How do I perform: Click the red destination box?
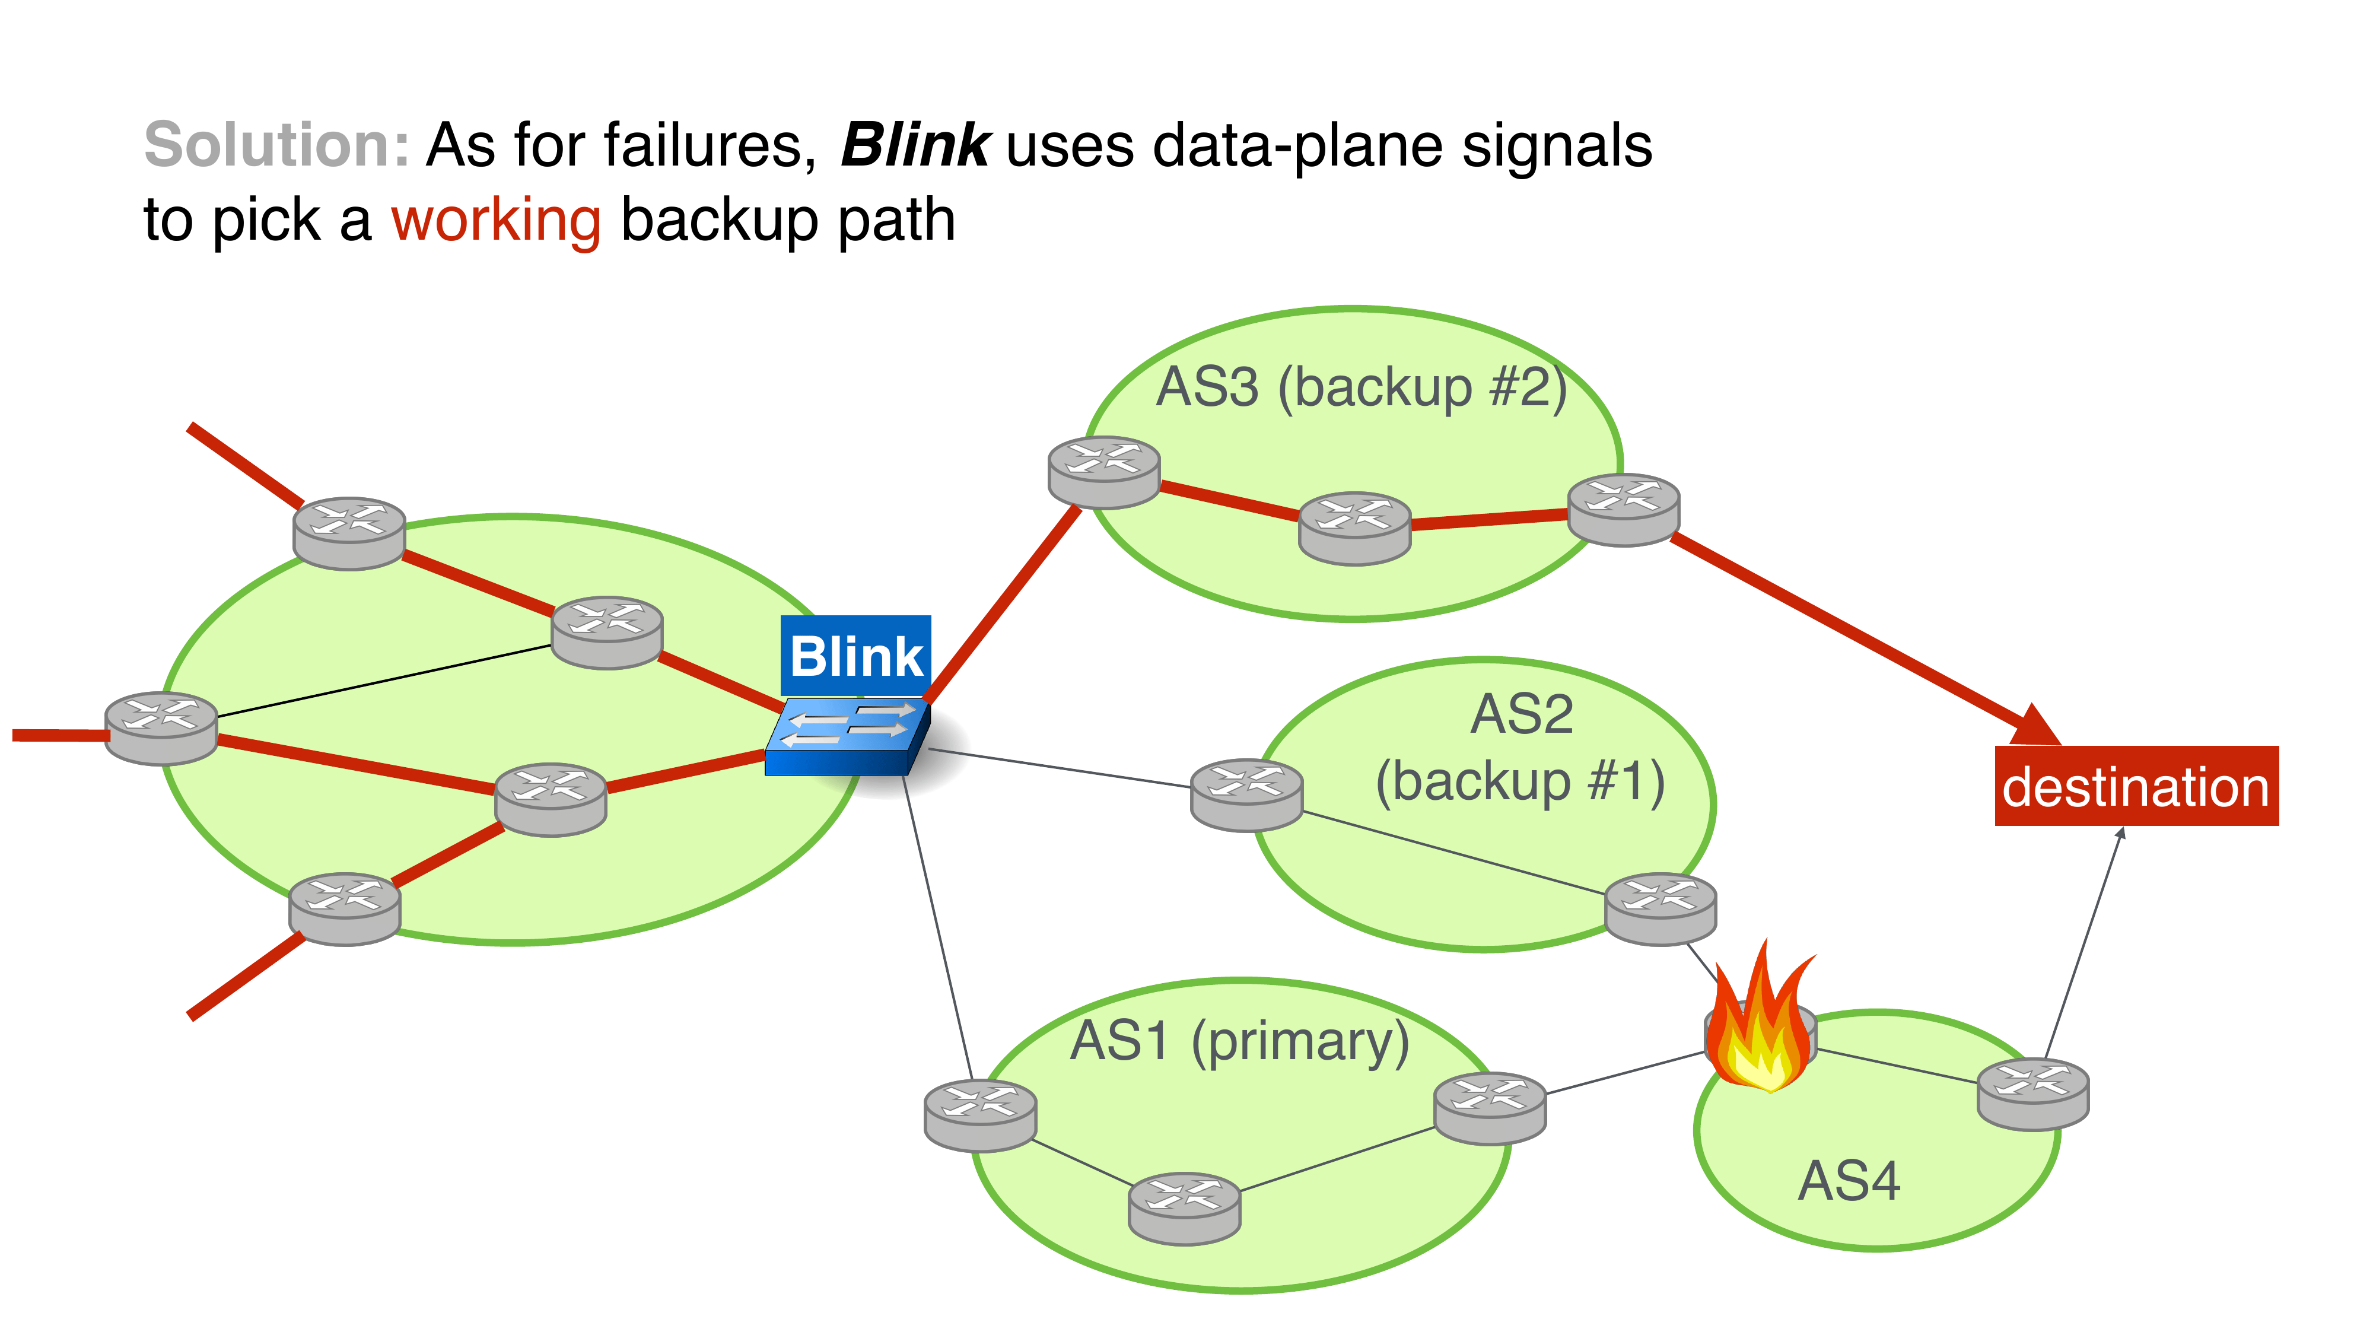(2135, 786)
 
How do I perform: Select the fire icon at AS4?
(1760, 1023)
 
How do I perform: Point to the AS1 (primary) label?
(1239, 1042)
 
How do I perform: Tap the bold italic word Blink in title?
(915, 145)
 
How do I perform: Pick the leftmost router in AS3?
(1103, 472)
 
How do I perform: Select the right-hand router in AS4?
(2033, 1094)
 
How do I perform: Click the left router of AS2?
(1246, 794)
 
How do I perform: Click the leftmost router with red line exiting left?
(161, 728)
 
